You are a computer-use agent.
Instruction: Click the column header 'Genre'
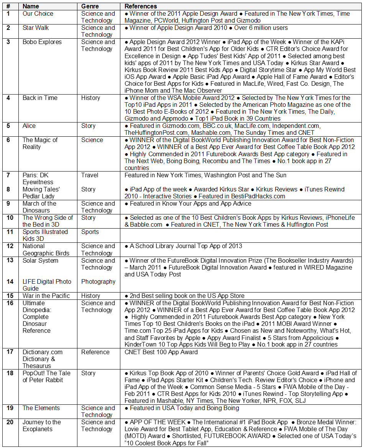pyautogui.click(x=90, y=7)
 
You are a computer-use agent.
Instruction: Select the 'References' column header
pyautogui.click(x=141, y=7)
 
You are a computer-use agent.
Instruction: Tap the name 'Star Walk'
pyautogui.click(x=36, y=28)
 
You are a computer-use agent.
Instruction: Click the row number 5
pyautogui.click(x=8, y=126)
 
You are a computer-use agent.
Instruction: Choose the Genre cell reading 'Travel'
pyautogui.click(x=90, y=175)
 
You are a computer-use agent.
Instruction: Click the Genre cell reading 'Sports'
pyautogui.click(x=90, y=232)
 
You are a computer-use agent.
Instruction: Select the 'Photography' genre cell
pyautogui.click(x=98, y=281)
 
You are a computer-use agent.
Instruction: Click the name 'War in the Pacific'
pyautogui.click(x=46, y=296)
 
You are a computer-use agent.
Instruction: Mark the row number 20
pyautogui.click(x=10, y=422)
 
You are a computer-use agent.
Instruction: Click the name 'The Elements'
pyautogui.click(x=41, y=408)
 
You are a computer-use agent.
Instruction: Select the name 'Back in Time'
pyautogui.click(x=40, y=98)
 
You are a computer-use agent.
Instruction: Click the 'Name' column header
pyautogui.click(x=31, y=7)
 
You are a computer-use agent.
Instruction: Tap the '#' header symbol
pyautogui.click(x=8, y=7)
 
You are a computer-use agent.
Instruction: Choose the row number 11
pyautogui.click(x=10, y=232)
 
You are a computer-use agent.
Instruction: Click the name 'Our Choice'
pyautogui.click(x=38, y=13)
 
